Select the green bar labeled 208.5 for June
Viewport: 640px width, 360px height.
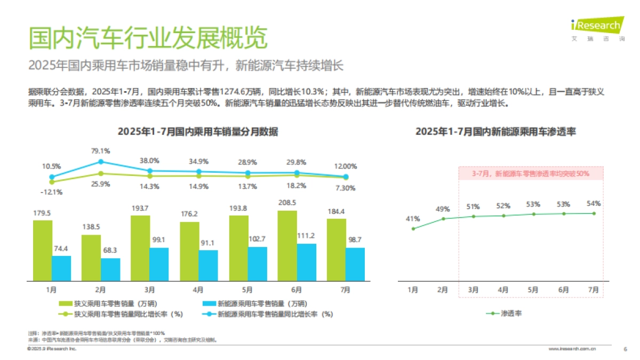pyautogui.click(x=287, y=245)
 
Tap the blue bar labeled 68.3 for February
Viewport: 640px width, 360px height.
pyautogui.click(x=110, y=269)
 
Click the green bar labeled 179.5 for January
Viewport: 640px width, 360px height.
pyautogui.click(x=42, y=250)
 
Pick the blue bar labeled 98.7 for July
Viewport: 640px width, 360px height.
pyautogui.click(x=355, y=264)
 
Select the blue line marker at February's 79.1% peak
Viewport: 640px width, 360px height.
pyautogui.click(x=100, y=162)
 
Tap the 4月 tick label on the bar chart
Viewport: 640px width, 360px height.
pyautogui.click(x=198, y=290)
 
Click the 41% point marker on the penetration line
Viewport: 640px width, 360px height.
pyautogui.click(x=413, y=229)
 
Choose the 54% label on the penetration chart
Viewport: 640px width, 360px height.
pyautogui.click(x=594, y=203)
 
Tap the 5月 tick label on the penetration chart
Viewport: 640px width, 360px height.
pyautogui.click(x=533, y=290)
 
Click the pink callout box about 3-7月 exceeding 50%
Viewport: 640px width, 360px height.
pyautogui.click(x=531, y=173)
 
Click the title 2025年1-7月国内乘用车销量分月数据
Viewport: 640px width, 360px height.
pyautogui.click(x=198, y=131)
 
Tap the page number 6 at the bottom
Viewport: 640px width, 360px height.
pyautogui.click(x=625, y=349)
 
